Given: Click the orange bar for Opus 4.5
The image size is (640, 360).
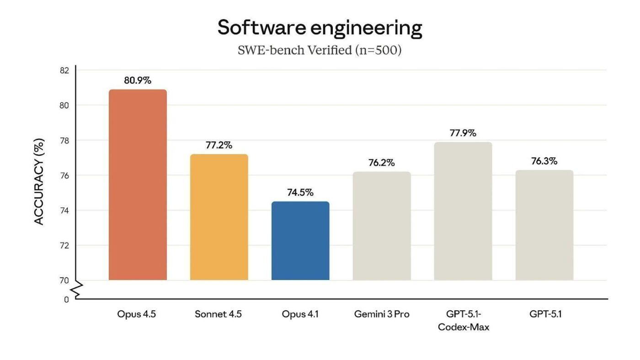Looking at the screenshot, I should point(138,185).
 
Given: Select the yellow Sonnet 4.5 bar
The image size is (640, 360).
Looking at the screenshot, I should point(219,217).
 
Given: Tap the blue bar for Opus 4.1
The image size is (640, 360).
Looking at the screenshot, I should point(300,241).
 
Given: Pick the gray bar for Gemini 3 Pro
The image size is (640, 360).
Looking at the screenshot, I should point(382,226).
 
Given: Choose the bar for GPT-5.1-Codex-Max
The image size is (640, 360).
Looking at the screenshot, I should point(463,211).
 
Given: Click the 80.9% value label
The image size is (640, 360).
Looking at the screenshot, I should point(138,80).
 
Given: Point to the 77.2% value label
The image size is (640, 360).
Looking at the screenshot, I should point(219,145).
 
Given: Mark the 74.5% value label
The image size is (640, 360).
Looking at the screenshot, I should point(300,192).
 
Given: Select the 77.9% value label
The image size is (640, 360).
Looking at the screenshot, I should point(463,133).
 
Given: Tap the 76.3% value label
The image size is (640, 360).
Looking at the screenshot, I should point(544,161).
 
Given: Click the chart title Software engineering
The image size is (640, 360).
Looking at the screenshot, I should point(320,28).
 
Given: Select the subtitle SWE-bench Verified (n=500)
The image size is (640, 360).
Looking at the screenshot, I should point(320,50).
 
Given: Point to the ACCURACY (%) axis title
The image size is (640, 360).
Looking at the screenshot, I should point(39,181).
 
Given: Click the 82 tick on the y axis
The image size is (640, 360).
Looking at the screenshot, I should point(64,70).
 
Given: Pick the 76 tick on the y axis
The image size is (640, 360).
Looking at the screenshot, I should point(64,175).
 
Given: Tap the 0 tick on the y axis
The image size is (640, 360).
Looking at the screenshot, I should point(66,300).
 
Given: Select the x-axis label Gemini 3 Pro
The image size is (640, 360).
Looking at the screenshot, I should point(382,314).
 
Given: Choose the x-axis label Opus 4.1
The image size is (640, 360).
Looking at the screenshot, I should point(300,314).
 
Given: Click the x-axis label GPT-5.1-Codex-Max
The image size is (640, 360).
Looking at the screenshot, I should point(463,321).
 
